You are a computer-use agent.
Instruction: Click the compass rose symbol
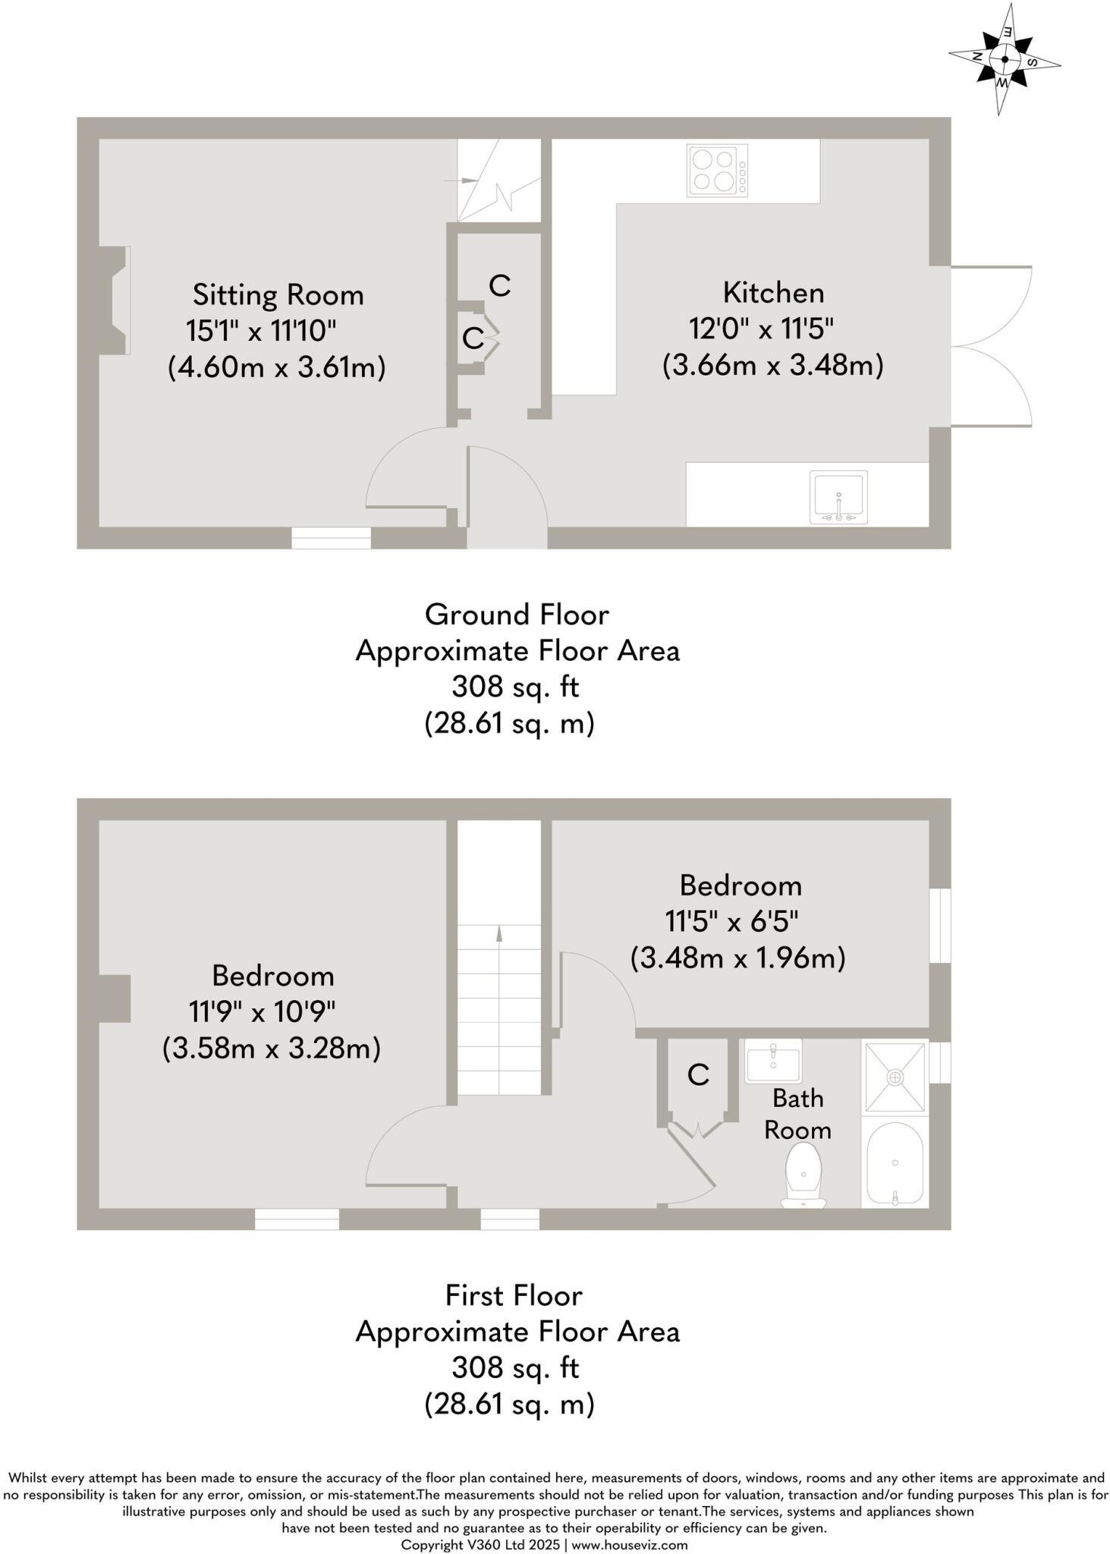click(1005, 59)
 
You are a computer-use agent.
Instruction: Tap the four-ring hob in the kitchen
click(717, 171)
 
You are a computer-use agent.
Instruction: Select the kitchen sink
click(838, 497)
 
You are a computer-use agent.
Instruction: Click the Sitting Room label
click(278, 294)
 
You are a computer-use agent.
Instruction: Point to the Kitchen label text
click(773, 292)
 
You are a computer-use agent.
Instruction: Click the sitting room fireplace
click(115, 300)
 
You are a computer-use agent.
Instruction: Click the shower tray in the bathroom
click(895, 1077)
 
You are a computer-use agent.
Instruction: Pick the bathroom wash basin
click(773, 1061)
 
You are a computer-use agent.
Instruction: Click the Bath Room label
click(797, 1114)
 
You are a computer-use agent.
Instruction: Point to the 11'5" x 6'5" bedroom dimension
click(732, 921)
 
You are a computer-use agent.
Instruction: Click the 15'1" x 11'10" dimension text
click(261, 331)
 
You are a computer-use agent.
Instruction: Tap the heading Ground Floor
click(517, 614)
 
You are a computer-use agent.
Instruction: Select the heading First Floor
click(514, 1295)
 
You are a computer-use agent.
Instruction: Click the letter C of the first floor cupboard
click(698, 1074)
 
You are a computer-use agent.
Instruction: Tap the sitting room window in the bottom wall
click(332, 537)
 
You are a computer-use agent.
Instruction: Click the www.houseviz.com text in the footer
click(630, 1545)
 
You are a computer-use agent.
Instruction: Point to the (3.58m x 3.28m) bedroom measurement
click(272, 1049)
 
